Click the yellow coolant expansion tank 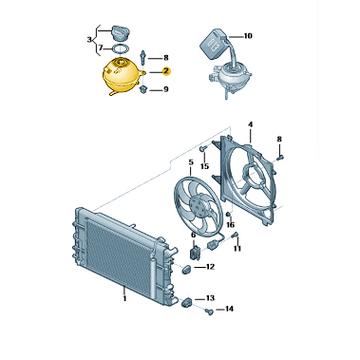click(x=122, y=77)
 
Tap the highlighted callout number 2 click(x=166, y=72)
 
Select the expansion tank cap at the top click(x=120, y=33)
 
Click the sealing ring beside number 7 click(x=121, y=48)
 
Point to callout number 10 click(x=248, y=36)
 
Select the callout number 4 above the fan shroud click(x=251, y=124)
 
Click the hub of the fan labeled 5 click(x=198, y=206)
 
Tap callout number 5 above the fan click(x=191, y=162)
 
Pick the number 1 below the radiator click(x=124, y=298)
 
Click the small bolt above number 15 click(x=203, y=147)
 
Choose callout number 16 click(x=231, y=225)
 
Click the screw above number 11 click(x=235, y=235)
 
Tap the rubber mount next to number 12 click(x=185, y=270)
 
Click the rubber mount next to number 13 click(x=186, y=303)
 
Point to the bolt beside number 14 click(x=209, y=312)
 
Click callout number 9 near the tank click(x=165, y=89)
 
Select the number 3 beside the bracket click(x=89, y=40)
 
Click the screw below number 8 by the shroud click(x=280, y=157)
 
